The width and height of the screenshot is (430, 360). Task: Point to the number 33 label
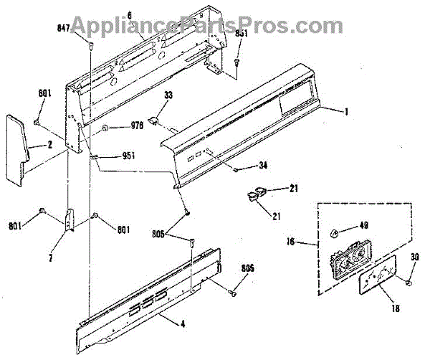(168, 96)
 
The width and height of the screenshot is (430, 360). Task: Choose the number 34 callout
(263, 167)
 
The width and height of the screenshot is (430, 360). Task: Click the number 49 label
(363, 225)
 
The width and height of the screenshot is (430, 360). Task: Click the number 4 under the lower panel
(182, 325)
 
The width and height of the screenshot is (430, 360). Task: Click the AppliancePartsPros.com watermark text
(215, 26)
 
